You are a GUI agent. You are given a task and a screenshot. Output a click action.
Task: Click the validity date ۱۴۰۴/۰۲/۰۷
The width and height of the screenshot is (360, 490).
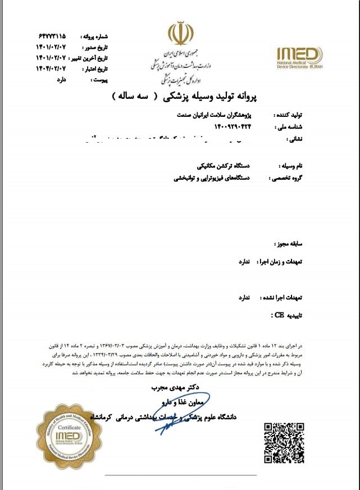pos(51,69)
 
